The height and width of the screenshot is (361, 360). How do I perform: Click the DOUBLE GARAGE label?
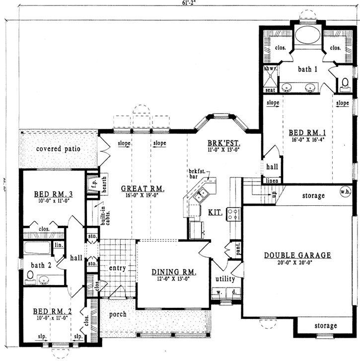point(297,255)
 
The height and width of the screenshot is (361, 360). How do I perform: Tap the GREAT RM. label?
point(143,188)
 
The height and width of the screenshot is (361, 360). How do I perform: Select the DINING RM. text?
point(174,272)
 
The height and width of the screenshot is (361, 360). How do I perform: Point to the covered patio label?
point(58,149)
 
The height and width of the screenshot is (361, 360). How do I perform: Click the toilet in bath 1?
point(346,84)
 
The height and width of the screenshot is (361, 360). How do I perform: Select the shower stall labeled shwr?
point(270,77)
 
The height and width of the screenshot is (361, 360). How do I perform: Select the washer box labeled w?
point(219,293)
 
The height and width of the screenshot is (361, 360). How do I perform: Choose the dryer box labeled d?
point(233,293)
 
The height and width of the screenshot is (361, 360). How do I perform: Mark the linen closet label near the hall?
point(271,180)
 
